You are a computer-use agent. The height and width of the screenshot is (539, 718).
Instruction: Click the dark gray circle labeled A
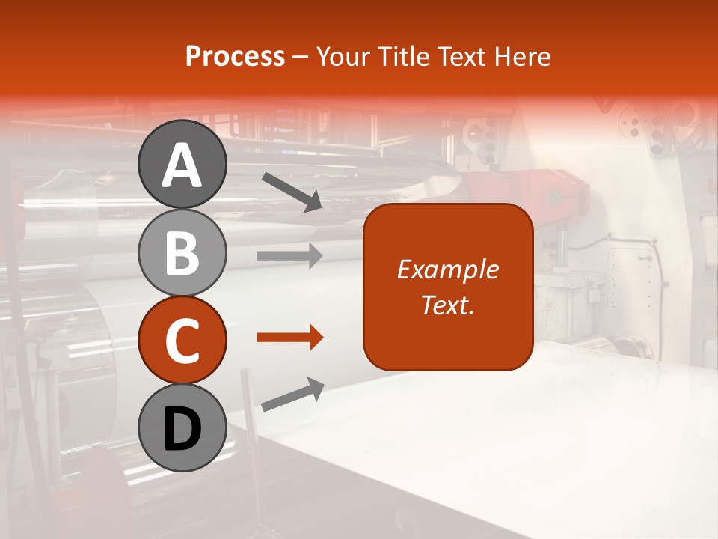tap(182, 164)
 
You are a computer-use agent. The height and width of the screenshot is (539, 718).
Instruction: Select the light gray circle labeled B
tap(182, 252)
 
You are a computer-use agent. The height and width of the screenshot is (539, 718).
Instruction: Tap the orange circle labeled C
tap(182, 341)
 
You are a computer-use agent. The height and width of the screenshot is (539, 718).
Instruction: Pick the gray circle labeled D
tap(182, 428)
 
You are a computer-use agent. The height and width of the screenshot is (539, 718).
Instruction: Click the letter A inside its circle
tap(182, 165)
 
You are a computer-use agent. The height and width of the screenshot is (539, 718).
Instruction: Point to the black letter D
tap(182, 429)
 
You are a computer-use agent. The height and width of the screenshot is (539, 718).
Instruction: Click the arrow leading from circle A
tap(291, 191)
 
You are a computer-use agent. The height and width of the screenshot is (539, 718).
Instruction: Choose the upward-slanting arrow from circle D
tap(292, 395)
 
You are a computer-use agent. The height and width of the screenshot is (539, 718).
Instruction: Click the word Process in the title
tap(235, 56)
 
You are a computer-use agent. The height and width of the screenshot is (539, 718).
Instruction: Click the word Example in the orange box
tap(447, 269)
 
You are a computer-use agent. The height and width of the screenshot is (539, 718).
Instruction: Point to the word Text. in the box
tap(447, 305)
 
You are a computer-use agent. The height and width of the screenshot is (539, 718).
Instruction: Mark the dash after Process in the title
tap(301, 57)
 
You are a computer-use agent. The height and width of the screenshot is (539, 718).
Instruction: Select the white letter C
tap(182, 341)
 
